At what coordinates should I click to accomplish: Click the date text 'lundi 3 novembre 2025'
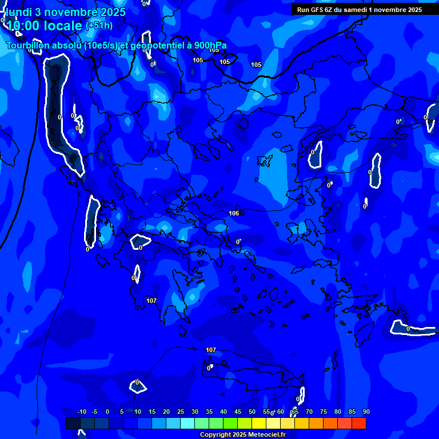66,12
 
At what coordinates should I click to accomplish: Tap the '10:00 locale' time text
43,26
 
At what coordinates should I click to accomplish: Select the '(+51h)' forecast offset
99,26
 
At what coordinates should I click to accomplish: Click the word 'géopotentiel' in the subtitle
156,46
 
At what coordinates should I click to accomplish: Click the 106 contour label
234,213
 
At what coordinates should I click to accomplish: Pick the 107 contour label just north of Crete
211,350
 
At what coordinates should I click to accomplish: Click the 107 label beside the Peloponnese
151,301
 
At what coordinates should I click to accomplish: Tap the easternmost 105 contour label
256,65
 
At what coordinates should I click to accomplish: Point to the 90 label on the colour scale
366,412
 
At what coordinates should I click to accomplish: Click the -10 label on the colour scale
82,412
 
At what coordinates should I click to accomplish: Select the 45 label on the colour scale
238,412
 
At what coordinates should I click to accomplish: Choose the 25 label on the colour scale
181,412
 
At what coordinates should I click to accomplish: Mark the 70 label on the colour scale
309,412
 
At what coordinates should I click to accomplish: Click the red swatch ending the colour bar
358,424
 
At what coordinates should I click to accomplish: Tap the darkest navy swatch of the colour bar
73,424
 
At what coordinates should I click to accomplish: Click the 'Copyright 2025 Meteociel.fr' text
242,434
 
